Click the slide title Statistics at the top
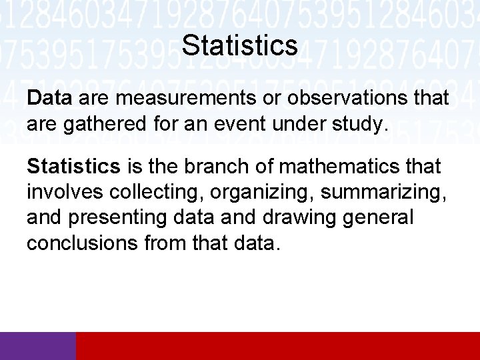pyautogui.click(x=239, y=45)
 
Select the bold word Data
pyautogui.click(x=49, y=99)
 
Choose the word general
pyautogui.click(x=379, y=217)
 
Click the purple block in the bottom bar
pyautogui.click(x=38, y=346)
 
